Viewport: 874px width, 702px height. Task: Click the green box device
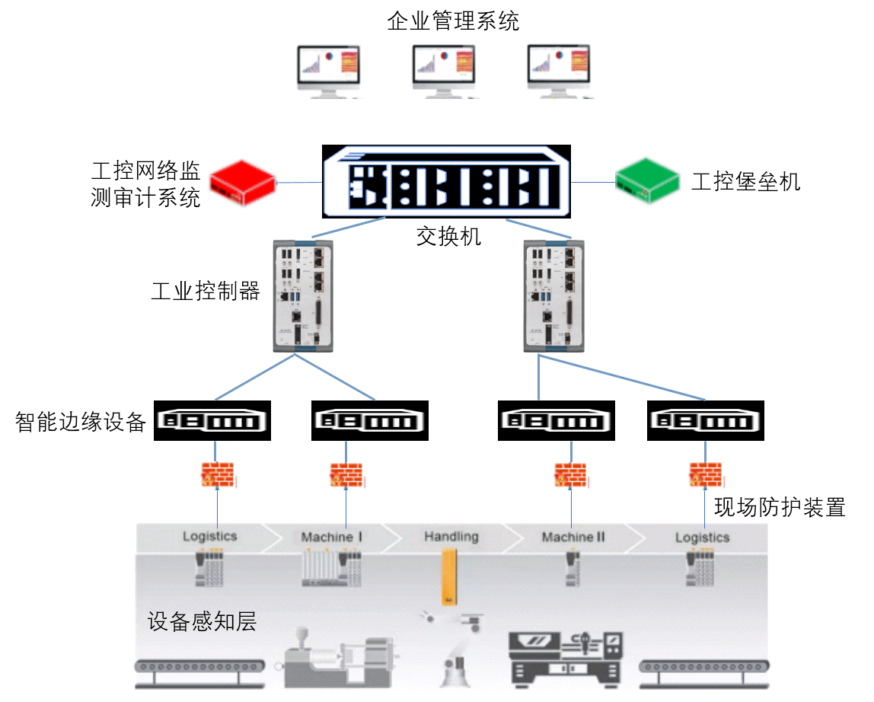pyautogui.click(x=649, y=181)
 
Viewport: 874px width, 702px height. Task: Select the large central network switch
pyautogui.click(x=447, y=181)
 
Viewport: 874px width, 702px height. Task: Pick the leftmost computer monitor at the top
pyautogui.click(x=328, y=69)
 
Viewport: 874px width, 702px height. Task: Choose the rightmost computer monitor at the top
pyautogui.click(x=558, y=69)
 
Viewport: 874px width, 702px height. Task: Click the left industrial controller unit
pyautogui.click(x=303, y=295)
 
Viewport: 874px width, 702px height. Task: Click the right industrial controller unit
pyautogui.click(x=553, y=295)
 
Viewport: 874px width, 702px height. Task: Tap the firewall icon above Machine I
pyautogui.click(x=346, y=476)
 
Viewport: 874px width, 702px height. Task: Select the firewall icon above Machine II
pyautogui.click(x=570, y=476)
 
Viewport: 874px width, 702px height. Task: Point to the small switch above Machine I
pyautogui.click(x=369, y=420)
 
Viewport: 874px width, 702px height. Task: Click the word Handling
pyautogui.click(x=451, y=536)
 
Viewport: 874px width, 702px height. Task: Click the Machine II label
pyautogui.click(x=573, y=537)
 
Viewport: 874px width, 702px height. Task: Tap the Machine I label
pyautogui.click(x=332, y=537)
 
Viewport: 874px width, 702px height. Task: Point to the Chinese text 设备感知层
pyautogui.click(x=202, y=622)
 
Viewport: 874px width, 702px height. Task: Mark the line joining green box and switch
pyautogui.click(x=592, y=183)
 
